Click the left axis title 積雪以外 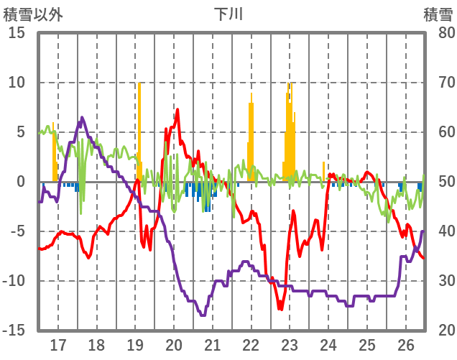coord(32,14)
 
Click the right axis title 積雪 coord(437,14)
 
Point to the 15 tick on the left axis coord(17,33)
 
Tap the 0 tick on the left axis coord(21,182)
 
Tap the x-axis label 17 coord(57,344)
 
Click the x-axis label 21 coord(212,344)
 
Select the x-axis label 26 coord(406,344)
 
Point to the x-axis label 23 coord(290,344)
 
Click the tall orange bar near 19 coord(139,129)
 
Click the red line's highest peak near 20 coord(177,110)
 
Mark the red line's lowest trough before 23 coord(280,309)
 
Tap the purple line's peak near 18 coord(82,117)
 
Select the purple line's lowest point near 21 coord(203,315)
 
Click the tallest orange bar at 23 coord(289,129)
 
